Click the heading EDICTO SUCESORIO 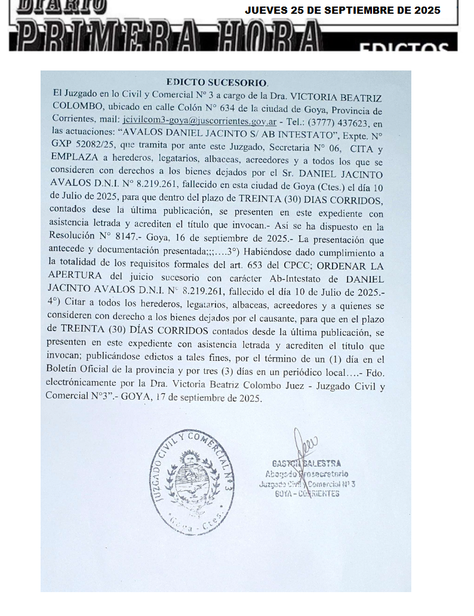[217, 82]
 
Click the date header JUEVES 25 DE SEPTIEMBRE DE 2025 [343, 10]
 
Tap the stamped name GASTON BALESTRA [306, 464]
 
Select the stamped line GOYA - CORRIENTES [307, 494]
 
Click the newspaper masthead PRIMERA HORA [167, 37]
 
